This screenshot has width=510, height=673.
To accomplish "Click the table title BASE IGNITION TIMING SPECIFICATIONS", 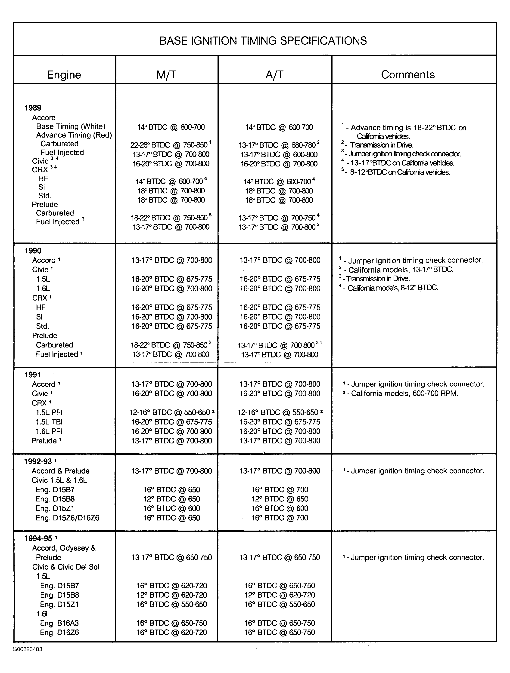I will pyautogui.click(x=263, y=40).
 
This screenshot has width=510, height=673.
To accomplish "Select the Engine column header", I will pyautogui.click(x=64, y=74).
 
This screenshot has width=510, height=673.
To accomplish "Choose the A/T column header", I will pyautogui.click(x=274, y=74).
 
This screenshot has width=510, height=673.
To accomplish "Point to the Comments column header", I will pyautogui.click(x=408, y=74).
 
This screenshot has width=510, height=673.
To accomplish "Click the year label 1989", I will pyautogui.click(x=33, y=108).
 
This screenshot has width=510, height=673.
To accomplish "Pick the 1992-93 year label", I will pyautogui.click(x=38, y=461).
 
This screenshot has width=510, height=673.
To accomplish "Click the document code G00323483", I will pyautogui.click(x=28, y=649).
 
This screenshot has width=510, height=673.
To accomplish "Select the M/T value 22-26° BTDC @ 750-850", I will pyautogui.click(x=169, y=145).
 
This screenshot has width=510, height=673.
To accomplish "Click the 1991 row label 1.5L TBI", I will pyautogui.click(x=49, y=422).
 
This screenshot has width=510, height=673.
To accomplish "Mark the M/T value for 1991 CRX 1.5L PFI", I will pyautogui.click(x=170, y=412).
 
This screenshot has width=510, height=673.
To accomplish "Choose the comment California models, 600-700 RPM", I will pyautogui.click(x=404, y=393).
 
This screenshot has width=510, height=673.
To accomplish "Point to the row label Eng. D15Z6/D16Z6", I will pyautogui.click(x=67, y=518).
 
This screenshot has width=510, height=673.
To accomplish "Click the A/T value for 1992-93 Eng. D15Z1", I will pyautogui.click(x=280, y=508).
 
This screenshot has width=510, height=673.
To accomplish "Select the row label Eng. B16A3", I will pyautogui.click(x=59, y=623).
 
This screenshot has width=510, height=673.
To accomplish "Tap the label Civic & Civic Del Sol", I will pyautogui.click(x=66, y=567).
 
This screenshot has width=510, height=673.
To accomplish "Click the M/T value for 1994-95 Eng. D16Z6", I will pyautogui.click(x=172, y=632).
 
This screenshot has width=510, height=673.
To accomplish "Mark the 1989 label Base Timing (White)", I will pyautogui.click(x=71, y=126).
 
